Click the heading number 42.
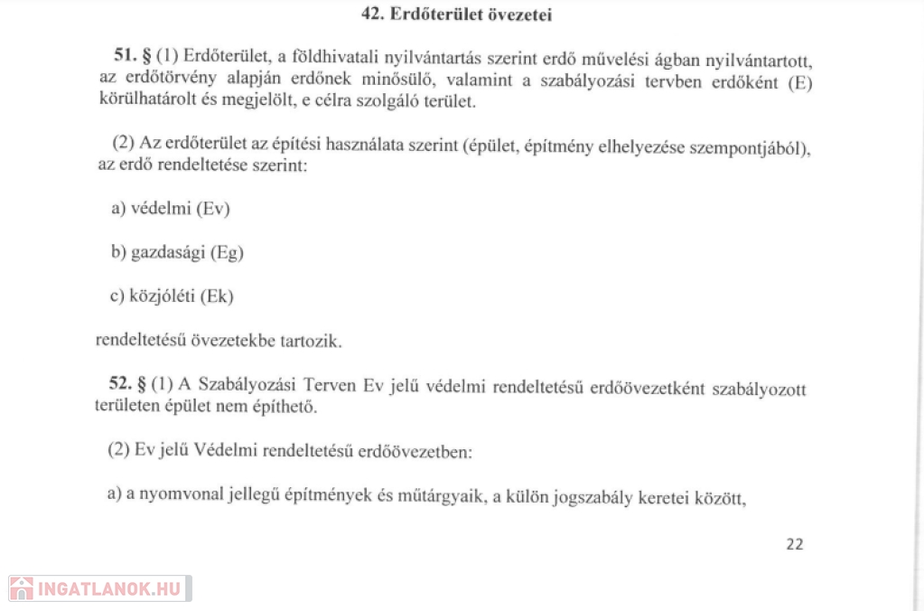(372, 14)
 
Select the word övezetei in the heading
(520, 14)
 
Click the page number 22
(795, 543)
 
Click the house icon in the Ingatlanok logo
(21, 588)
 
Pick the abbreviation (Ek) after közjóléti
(224, 296)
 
